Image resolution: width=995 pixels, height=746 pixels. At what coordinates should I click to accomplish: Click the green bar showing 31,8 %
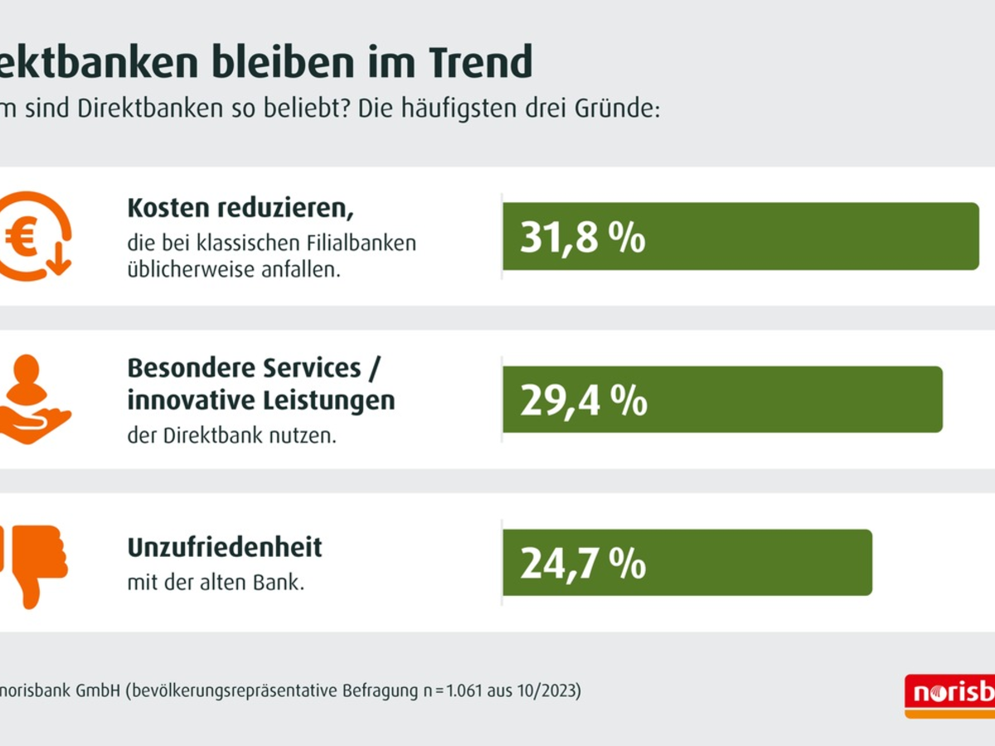(740, 236)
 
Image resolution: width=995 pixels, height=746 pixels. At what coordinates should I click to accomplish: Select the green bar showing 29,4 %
(722, 400)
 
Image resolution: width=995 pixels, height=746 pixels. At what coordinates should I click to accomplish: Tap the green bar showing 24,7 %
(687, 563)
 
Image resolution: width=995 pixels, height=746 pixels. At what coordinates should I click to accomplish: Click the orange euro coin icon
(33, 236)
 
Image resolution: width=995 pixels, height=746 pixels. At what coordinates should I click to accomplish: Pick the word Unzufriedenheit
(225, 548)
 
